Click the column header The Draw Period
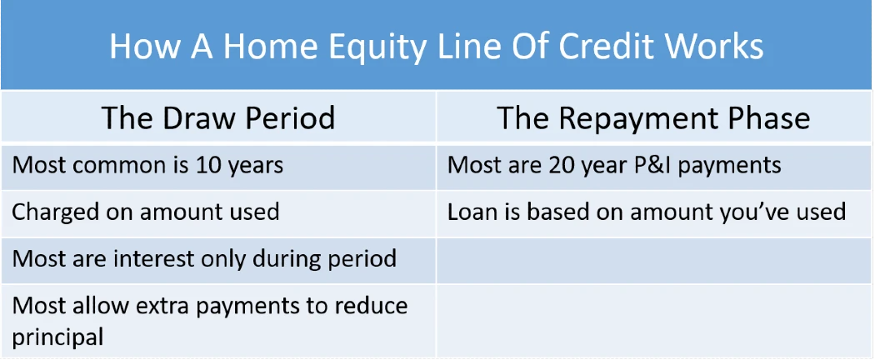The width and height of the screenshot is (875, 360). (x=218, y=117)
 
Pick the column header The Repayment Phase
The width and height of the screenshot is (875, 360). (x=652, y=117)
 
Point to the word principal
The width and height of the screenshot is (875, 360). (x=57, y=337)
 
